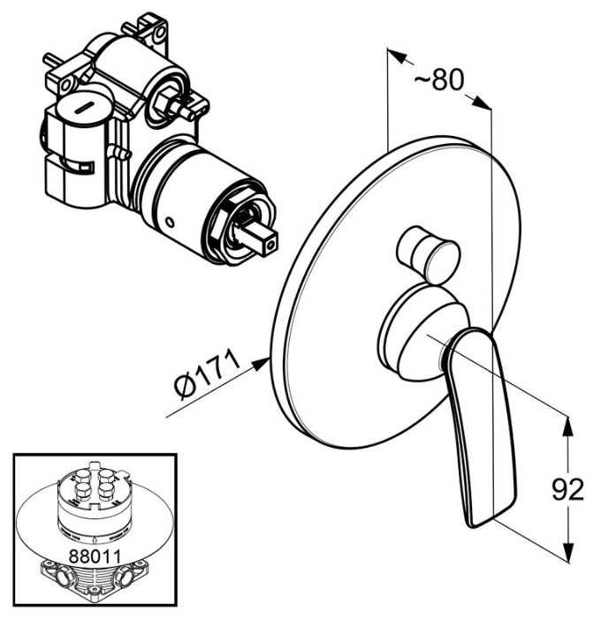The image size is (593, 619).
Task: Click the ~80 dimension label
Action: tap(439, 80)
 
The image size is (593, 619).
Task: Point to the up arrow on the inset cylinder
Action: tap(91, 536)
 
